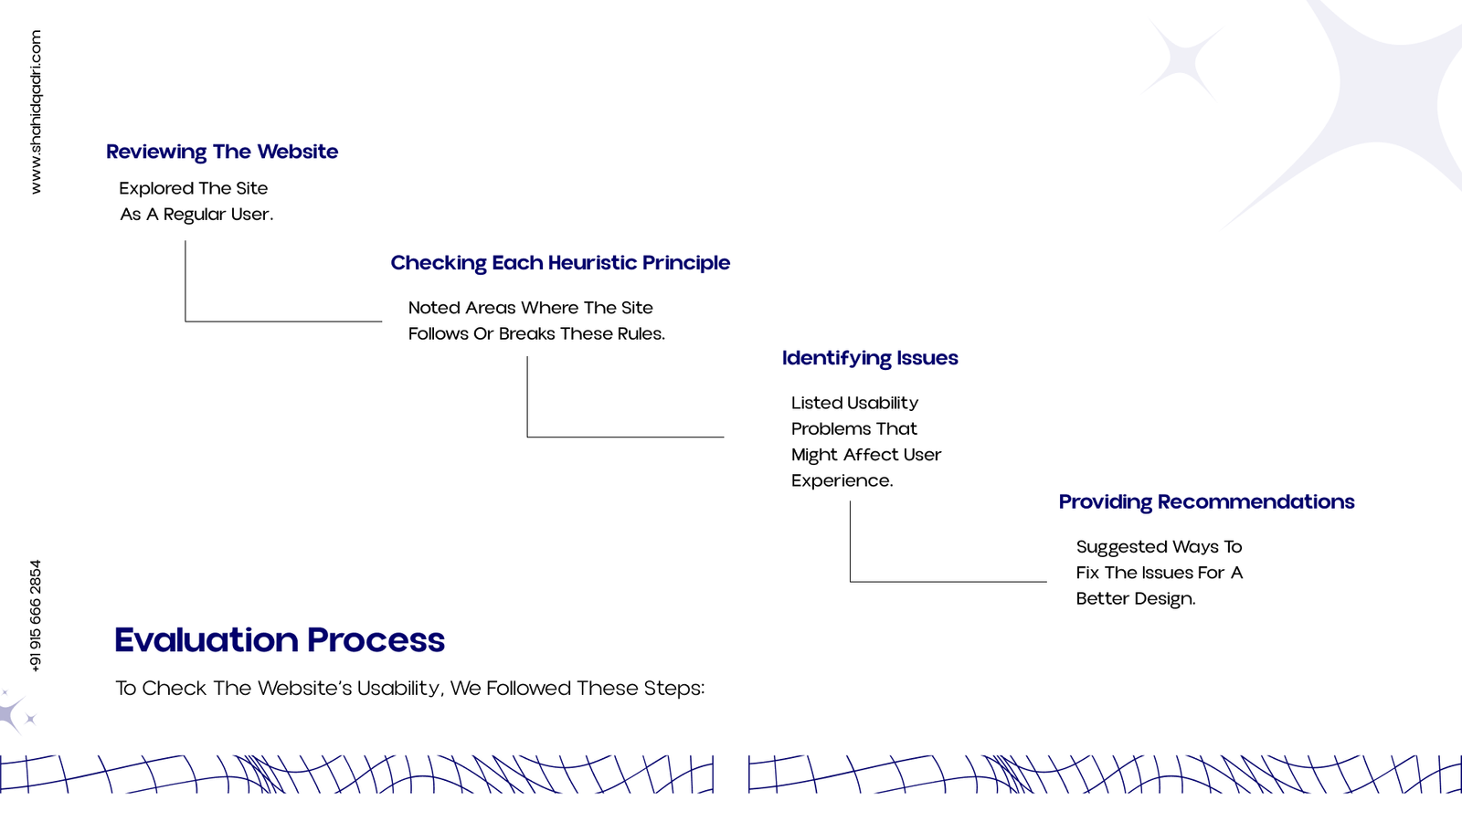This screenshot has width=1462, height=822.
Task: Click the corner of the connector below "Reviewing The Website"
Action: (x=185, y=321)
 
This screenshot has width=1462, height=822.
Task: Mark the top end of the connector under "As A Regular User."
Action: (x=185, y=241)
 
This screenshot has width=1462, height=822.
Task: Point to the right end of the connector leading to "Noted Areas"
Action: (x=382, y=321)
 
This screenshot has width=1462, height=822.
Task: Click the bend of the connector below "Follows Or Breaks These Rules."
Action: (x=527, y=437)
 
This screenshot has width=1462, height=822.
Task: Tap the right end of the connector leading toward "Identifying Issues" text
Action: (x=724, y=437)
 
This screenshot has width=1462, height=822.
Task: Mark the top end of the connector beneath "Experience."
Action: (x=850, y=501)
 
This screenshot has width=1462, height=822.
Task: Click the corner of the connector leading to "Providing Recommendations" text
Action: (x=850, y=581)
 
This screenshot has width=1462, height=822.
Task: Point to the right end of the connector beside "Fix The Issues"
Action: (x=1047, y=581)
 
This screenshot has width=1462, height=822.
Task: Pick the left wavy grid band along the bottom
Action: (x=356, y=775)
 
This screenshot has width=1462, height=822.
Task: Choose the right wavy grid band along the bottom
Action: (x=1105, y=775)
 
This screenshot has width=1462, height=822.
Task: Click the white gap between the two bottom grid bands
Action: (x=731, y=775)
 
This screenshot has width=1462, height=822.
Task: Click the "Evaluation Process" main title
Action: (x=280, y=639)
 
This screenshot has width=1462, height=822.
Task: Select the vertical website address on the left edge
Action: (x=36, y=111)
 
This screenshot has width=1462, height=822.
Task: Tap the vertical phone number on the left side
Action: (x=36, y=616)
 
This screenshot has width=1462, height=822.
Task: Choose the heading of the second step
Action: (x=560, y=262)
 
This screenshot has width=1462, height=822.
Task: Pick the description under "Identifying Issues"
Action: (x=866, y=442)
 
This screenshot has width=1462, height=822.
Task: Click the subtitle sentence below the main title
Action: (x=410, y=689)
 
